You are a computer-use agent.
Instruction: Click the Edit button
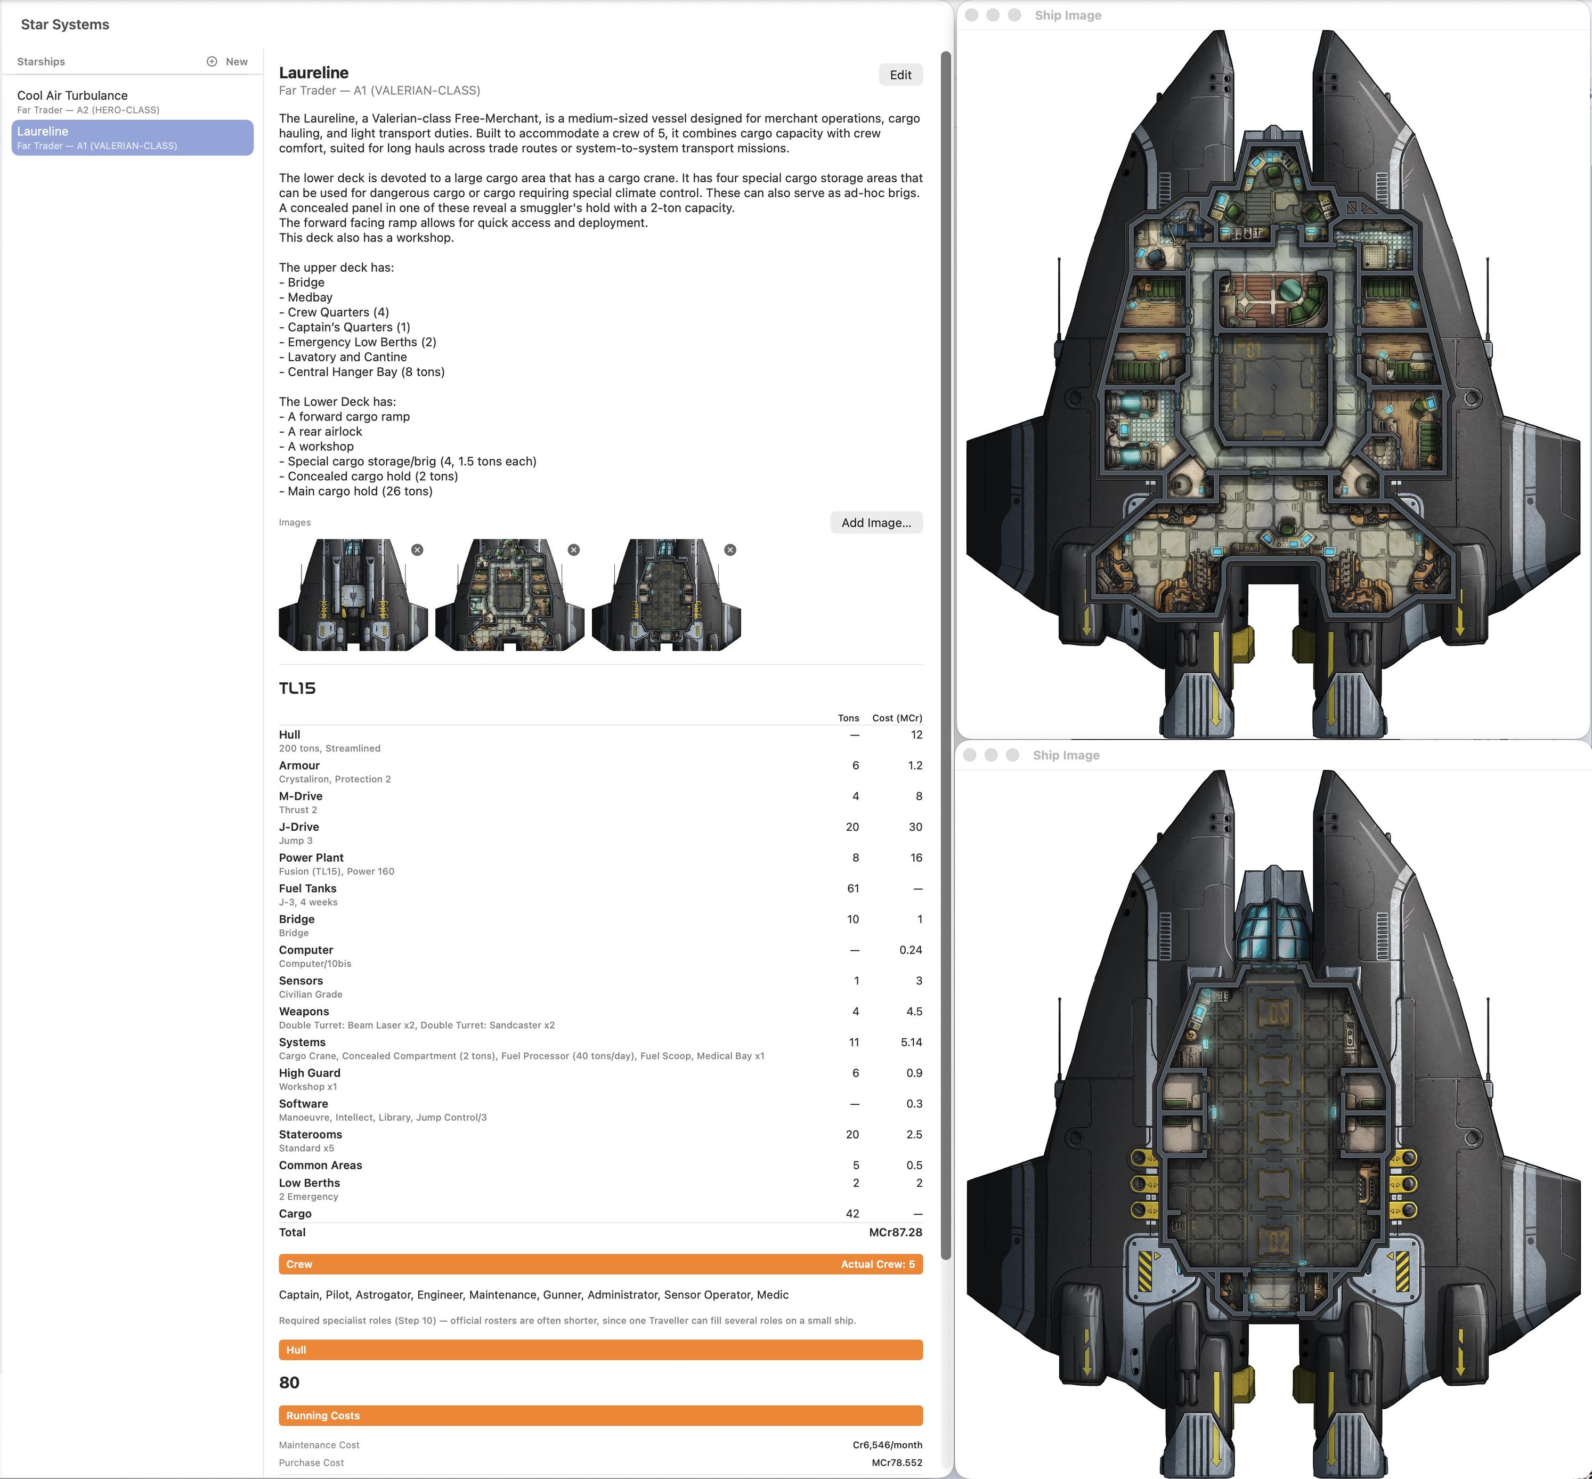click(900, 75)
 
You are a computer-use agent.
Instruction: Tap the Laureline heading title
click(314, 73)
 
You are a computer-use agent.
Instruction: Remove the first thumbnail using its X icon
click(417, 550)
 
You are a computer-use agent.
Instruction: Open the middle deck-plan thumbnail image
click(509, 595)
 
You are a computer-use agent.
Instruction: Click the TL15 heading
click(297, 688)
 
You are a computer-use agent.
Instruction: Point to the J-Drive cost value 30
click(915, 827)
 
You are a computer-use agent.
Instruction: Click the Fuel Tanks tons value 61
click(853, 888)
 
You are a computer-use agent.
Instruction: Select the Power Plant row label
click(311, 857)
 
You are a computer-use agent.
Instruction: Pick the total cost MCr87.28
click(895, 1232)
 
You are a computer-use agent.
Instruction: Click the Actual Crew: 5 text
click(878, 1265)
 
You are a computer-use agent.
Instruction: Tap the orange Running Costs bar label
click(323, 1416)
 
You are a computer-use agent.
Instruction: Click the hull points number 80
click(289, 1383)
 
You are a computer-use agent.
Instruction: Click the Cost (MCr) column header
click(897, 718)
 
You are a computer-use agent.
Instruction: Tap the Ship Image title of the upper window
click(1068, 15)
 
